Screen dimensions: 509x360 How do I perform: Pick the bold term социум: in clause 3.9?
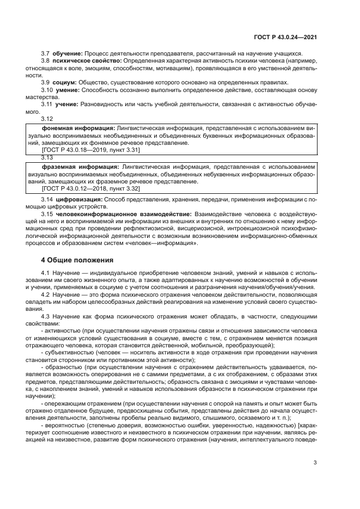tap(65, 82)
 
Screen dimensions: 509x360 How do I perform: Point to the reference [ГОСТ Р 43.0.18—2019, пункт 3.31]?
tap(83, 149)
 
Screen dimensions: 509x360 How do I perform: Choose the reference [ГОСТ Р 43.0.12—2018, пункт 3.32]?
tap(83, 188)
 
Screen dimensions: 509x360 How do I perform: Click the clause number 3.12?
tap(47, 118)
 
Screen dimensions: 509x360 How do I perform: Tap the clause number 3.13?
tap(47, 157)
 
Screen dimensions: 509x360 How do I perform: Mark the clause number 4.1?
tap(46, 272)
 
